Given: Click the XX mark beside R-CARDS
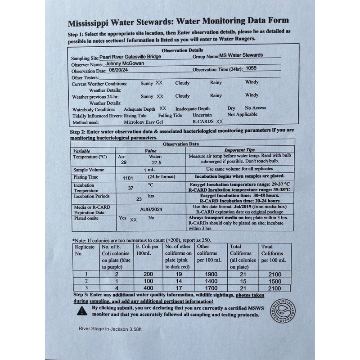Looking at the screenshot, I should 219,121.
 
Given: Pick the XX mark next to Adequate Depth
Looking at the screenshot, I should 163,108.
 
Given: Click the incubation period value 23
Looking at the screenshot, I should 139,198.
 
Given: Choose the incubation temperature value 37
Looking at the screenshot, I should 131,188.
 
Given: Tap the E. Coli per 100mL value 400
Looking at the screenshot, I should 143,288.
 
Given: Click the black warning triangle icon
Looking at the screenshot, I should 82,310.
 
